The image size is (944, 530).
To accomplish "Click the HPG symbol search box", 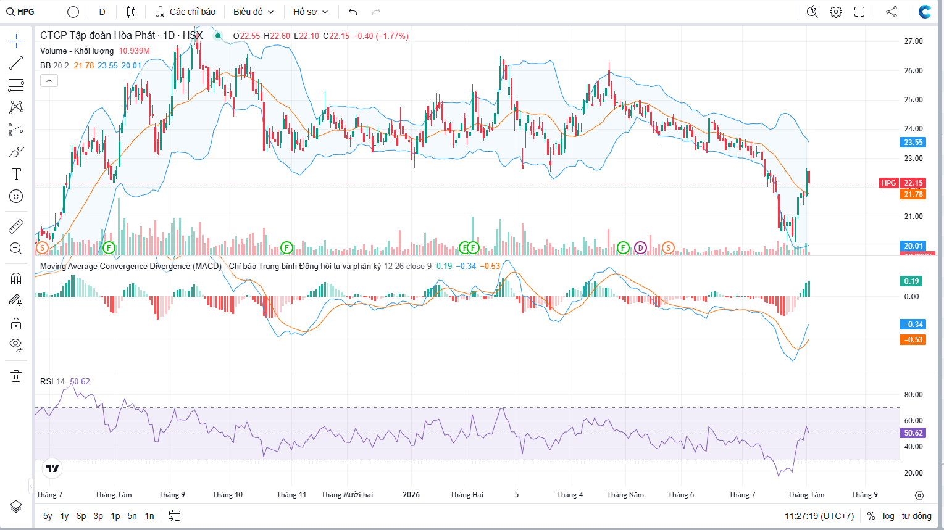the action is pos(20,12).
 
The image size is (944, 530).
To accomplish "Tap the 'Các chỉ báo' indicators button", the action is pos(185,12).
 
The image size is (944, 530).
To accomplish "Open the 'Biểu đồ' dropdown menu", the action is pos(253,12).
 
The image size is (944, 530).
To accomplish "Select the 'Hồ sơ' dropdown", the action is pos(311,12).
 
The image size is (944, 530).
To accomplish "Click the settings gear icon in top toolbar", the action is pos(836,12).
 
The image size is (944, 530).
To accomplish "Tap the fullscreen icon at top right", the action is pos(859,12).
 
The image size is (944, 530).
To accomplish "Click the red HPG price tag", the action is pos(889,183).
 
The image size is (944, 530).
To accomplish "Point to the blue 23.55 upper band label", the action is pos(913,143).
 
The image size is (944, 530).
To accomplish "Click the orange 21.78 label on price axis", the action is pos(913,194).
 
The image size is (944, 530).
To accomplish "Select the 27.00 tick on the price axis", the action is pos(913,41).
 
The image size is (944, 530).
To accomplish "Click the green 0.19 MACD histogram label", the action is pos(911,281).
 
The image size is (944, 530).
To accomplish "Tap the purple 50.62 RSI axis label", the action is pos(913,433).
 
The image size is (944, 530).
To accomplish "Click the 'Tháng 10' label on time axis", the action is pos(228,495).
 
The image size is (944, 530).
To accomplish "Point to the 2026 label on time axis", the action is pos(411,495).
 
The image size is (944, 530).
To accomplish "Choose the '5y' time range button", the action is pos(48,516).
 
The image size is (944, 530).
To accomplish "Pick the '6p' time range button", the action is pos(81,516).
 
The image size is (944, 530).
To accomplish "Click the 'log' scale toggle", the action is pos(888,516).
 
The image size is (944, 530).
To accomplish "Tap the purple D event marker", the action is pos(640,248).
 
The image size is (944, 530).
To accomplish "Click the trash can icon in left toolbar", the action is pos(16,376).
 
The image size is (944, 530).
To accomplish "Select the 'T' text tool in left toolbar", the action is pos(16,174).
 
